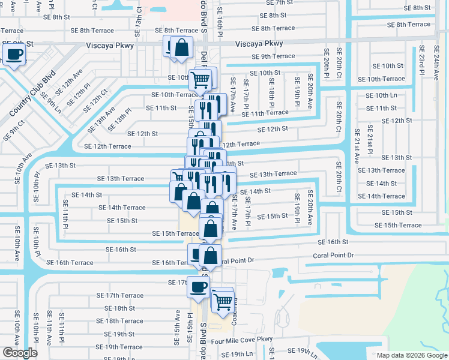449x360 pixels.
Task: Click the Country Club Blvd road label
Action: coord(32,94)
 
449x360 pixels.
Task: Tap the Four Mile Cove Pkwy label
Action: coord(246,340)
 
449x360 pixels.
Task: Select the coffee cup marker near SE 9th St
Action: coord(14,55)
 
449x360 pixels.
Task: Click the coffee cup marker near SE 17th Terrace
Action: coord(197,287)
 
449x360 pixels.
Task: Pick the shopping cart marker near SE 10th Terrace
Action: coord(200,79)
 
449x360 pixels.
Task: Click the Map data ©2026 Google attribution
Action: coord(412,355)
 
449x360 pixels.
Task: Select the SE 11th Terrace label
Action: coord(265,113)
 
